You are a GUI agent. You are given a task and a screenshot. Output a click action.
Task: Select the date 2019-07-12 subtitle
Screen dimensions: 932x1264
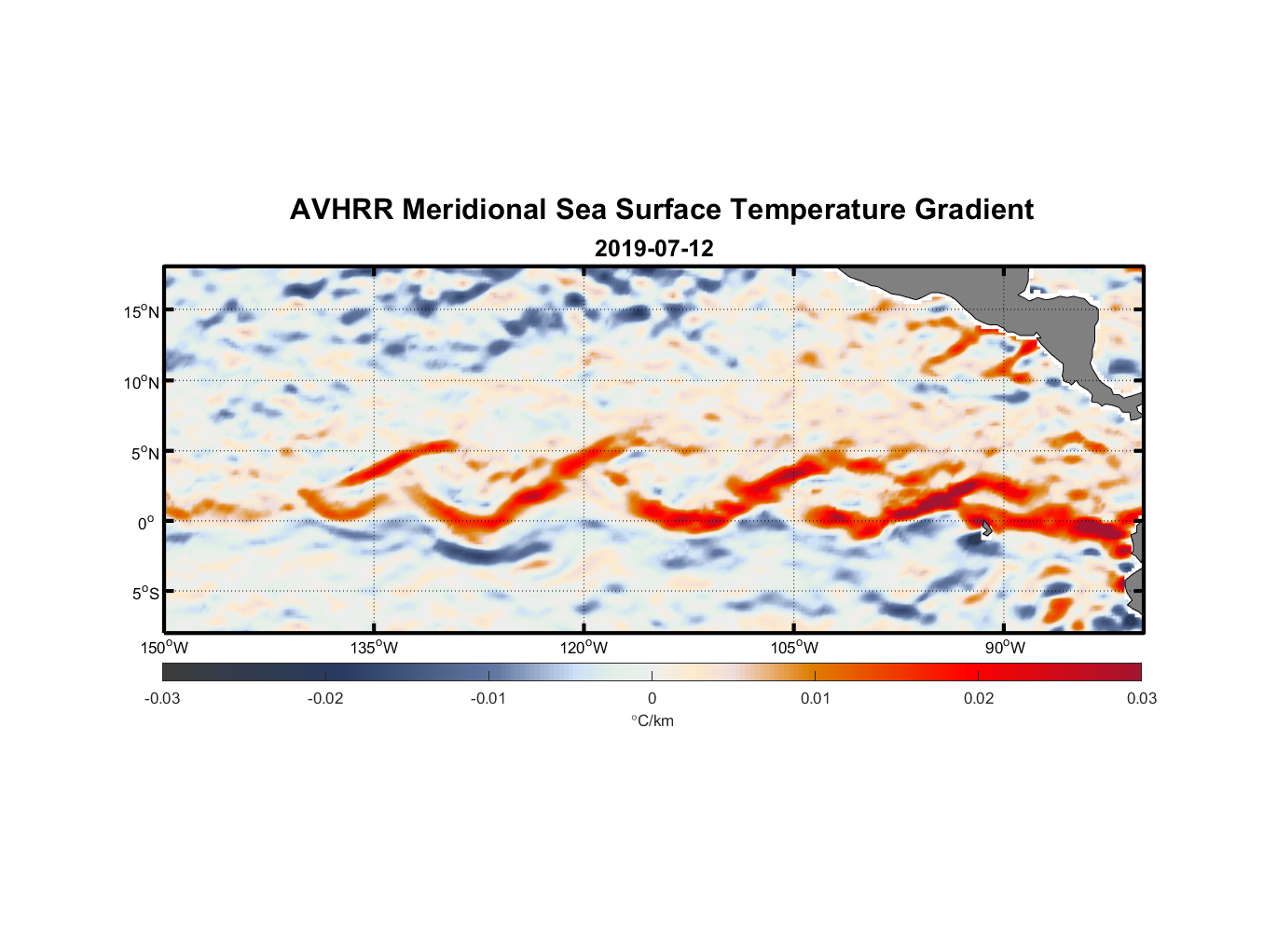click(x=653, y=249)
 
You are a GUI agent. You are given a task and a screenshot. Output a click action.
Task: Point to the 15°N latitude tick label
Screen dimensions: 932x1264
click(x=141, y=311)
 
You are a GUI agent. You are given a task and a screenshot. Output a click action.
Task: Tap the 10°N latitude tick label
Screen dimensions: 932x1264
click(x=141, y=382)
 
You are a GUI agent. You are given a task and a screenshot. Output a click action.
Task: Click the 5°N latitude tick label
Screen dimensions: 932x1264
click(x=144, y=453)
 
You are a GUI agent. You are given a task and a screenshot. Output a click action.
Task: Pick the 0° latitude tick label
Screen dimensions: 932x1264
click(x=147, y=523)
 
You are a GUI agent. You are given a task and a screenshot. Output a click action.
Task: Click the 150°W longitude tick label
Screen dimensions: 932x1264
click(x=164, y=648)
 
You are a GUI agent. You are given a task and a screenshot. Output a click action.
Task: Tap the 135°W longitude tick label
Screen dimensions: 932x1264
click(x=374, y=648)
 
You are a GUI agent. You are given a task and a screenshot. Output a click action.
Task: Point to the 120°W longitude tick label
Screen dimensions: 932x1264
click(x=584, y=648)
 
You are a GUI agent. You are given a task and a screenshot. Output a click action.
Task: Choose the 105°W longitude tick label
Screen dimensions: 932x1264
click(x=794, y=648)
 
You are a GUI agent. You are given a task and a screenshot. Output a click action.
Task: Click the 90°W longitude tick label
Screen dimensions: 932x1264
click(x=1004, y=648)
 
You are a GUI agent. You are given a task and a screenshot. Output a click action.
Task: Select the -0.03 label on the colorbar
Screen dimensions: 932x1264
click(x=162, y=698)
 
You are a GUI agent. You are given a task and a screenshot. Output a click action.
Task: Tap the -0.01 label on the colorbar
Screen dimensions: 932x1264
click(x=488, y=698)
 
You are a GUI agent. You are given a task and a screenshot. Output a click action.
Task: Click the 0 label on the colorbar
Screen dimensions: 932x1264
click(x=652, y=698)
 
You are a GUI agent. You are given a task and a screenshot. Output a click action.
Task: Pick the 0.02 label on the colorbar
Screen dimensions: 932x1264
click(x=978, y=698)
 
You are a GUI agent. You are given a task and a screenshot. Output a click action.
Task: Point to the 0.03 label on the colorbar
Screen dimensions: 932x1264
click(x=1141, y=698)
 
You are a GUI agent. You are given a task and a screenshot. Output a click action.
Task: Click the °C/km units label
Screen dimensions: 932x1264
click(x=652, y=720)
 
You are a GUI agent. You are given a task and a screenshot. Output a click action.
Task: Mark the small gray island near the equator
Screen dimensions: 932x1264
click(x=986, y=528)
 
